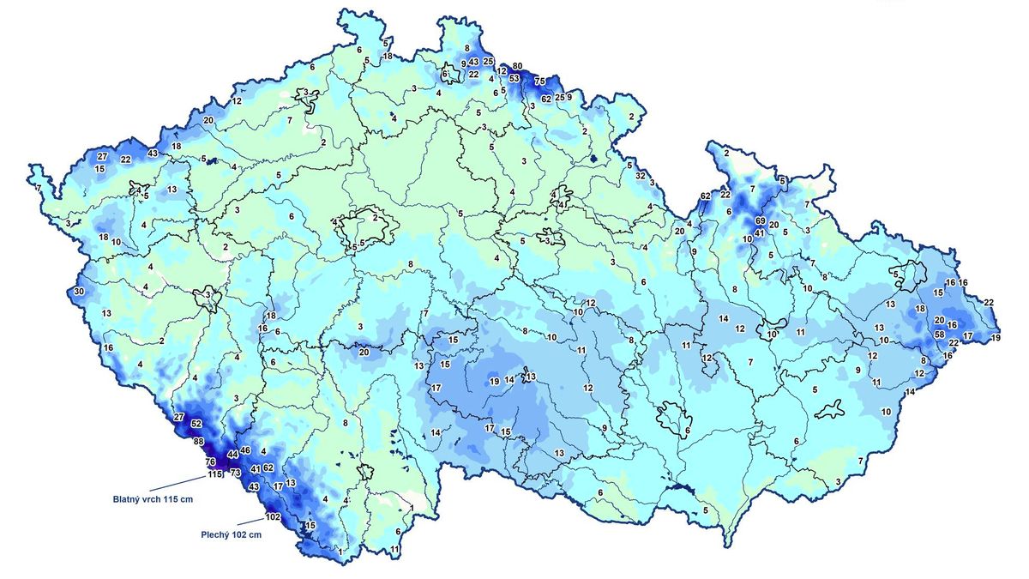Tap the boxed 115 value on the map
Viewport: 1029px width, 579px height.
[x=214, y=474]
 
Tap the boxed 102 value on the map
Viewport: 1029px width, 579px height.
[x=274, y=516]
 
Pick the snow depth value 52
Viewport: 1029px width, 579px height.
[x=196, y=424]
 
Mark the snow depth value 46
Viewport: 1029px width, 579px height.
[x=244, y=450]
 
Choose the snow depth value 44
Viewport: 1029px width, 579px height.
[x=232, y=454]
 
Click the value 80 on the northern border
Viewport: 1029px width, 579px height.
[x=517, y=66]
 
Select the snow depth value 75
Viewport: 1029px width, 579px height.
[x=540, y=81]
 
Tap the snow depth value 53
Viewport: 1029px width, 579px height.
[x=514, y=78]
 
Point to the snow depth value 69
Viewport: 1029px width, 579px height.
[x=761, y=221]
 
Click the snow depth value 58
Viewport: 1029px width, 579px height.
[x=939, y=335]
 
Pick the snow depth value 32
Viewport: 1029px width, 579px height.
[x=641, y=175]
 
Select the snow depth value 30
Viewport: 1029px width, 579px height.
[x=79, y=292]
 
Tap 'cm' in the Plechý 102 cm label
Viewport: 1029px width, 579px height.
[x=254, y=534]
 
